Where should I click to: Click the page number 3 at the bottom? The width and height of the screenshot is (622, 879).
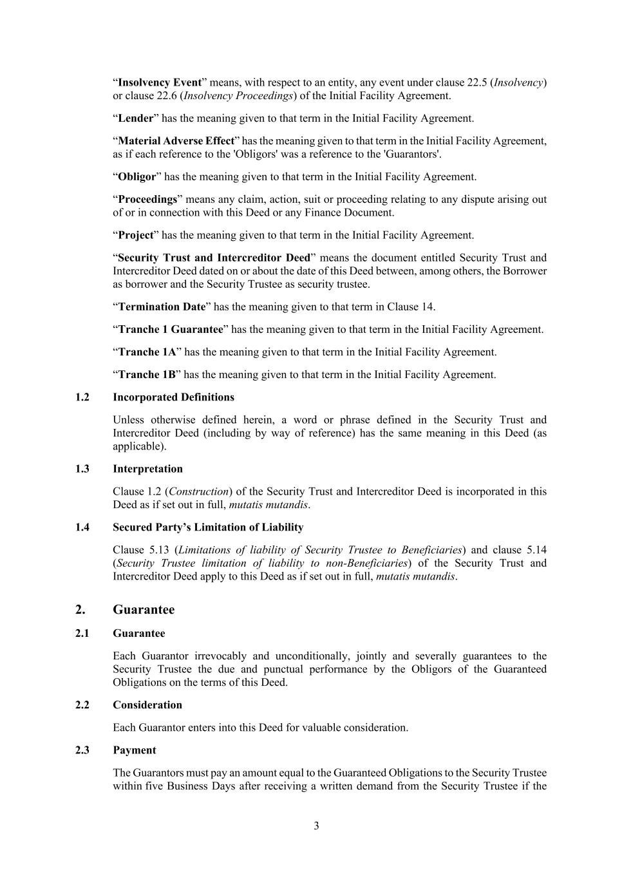(x=316, y=826)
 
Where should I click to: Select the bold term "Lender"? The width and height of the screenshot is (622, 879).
(x=136, y=118)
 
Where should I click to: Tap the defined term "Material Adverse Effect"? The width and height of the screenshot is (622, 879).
(x=176, y=141)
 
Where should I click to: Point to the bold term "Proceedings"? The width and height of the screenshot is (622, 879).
(x=147, y=200)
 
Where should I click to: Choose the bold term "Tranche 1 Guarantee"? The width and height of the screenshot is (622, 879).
(x=171, y=330)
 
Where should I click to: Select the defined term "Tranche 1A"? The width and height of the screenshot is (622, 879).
(x=147, y=352)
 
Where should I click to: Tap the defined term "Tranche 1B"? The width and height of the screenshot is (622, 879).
(x=147, y=375)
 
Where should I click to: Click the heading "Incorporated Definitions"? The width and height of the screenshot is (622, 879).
(x=173, y=397)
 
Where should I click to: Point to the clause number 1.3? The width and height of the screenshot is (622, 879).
(x=82, y=469)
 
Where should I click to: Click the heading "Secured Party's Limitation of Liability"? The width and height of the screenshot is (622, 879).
(x=208, y=527)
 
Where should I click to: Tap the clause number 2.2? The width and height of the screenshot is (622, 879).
(x=82, y=705)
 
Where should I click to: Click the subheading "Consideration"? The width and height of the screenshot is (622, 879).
(x=147, y=705)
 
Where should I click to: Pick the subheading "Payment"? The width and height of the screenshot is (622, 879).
(x=134, y=750)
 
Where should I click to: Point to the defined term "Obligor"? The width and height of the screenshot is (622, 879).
(x=137, y=177)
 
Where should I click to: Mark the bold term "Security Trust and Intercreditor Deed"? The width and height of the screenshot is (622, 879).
(x=214, y=258)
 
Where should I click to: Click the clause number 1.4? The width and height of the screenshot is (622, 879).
(x=82, y=527)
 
